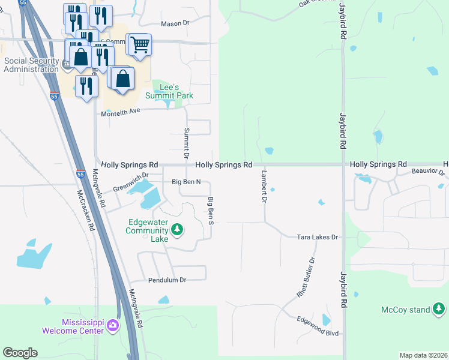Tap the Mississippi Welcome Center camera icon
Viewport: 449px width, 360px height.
pyautogui.click(x=112, y=326)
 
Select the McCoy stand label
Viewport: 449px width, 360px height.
pyautogui.click(x=406, y=310)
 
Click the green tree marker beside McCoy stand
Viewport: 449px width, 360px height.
pyautogui.click(x=439, y=310)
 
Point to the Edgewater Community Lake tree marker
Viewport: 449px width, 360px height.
pyautogui.click(x=176, y=229)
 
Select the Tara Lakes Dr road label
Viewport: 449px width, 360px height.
pyautogui.click(x=318, y=238)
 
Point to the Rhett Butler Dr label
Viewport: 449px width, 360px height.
pyautogui.click(x=306, y=278)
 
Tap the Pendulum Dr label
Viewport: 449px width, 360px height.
pyautogui.click(x=167, y=280)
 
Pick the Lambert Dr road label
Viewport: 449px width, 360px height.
pyautogui.click(x=264, y=186)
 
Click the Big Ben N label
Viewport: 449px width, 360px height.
pyautogui.click(x=190, y=182)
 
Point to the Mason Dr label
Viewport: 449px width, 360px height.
pyautogui.click(x=175, y=23)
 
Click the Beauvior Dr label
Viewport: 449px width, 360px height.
pyautogui.click(x=428, y=172)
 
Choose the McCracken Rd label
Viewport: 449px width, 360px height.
pyautogui.click(x=86, y=211)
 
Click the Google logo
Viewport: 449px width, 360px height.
pyautogui.click(x=20, y=353)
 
